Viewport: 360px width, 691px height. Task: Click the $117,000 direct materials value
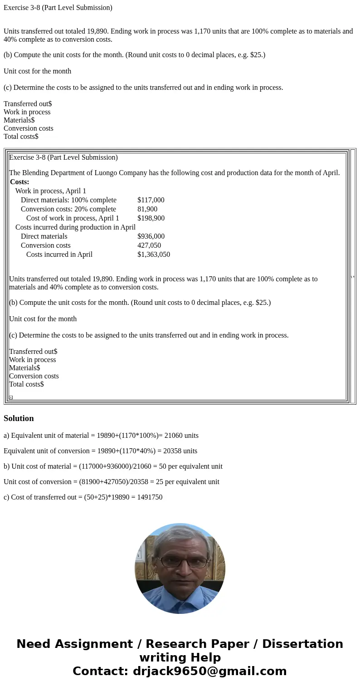pos(151,200)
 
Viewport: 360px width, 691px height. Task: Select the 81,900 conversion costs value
pos(147,209)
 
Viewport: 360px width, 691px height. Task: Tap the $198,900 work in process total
pos(151,218)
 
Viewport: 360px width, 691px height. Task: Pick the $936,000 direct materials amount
pos(151,236)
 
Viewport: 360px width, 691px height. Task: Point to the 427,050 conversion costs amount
pos(149,245)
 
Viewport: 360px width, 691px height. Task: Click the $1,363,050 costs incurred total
pos(154,255)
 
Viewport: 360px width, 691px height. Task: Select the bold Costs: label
pos(19,182)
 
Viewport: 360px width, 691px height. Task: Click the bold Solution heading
pos(19,418)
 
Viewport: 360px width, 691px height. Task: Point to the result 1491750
pos(149,497)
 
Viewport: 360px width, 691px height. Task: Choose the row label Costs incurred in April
pos(59,255)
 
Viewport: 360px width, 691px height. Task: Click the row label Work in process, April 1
pos(51,191)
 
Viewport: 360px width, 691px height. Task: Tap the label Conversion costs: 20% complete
pos(68,209)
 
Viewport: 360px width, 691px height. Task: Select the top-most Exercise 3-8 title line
pos(58,8)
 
